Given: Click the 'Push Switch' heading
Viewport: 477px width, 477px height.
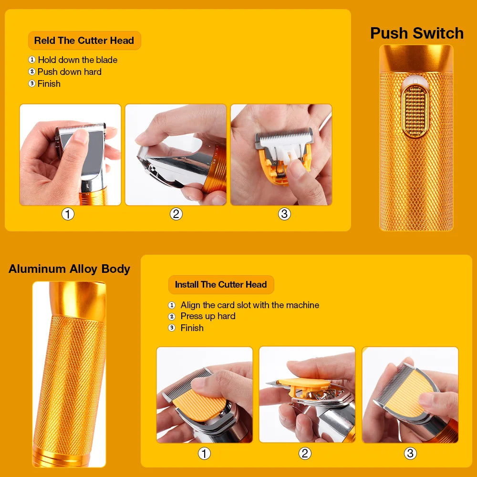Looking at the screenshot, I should click(416, 33).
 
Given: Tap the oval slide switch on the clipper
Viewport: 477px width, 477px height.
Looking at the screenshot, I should click(416, 111).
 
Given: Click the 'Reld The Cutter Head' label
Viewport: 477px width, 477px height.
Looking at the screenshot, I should click(84, 41).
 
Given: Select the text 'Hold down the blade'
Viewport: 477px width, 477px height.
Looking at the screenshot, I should click(77, 60).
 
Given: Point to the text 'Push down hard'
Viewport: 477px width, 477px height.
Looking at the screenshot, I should click(69, 72).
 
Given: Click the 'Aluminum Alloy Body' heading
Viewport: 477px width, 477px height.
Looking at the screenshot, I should click(69, 269).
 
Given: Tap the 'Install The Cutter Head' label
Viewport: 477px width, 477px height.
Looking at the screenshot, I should click(220, 285).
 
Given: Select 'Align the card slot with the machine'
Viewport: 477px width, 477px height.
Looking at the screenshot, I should click(249, 305).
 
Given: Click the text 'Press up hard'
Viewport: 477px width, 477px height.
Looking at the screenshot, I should click(207, 316).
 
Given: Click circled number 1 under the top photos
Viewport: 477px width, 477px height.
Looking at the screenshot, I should click(68, 214).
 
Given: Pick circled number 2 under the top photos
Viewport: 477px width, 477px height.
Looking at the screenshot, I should click(176, 214).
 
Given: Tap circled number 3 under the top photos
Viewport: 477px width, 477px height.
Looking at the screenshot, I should click(284, 214).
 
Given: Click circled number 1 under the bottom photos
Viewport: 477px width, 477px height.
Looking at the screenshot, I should click(204, 453).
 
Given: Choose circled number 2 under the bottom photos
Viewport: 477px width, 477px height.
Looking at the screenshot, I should click(305, 453).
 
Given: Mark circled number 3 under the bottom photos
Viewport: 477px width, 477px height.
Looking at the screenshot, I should click(410, 453).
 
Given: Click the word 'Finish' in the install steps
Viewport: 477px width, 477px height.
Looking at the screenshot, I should click(192, 328).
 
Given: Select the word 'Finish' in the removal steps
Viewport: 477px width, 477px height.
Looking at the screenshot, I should click(49, 83).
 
